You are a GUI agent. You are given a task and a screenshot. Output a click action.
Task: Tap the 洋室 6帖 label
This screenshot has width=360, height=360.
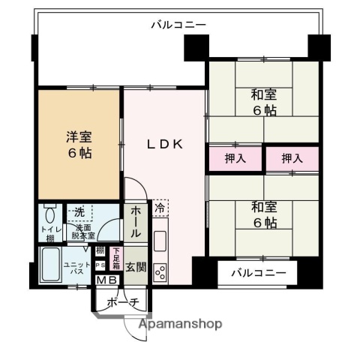coord(79,144)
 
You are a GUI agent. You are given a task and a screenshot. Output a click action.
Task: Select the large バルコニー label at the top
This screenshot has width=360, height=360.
coord(178,25)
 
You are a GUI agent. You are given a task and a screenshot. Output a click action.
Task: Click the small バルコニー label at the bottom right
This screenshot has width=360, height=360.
coord(258,272)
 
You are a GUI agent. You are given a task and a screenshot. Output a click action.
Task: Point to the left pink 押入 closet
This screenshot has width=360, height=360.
coord(233,158)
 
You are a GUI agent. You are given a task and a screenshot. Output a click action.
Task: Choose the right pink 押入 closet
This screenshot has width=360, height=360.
coord(292,158)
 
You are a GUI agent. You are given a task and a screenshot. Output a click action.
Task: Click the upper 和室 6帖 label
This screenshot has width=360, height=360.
coord(263,102)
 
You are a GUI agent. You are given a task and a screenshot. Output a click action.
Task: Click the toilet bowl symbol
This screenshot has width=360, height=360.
coord(49,214)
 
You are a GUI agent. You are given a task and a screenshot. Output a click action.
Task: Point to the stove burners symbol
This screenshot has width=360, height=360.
coord(160,271)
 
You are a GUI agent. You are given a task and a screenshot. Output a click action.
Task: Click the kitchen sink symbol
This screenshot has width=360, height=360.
coord(160,241)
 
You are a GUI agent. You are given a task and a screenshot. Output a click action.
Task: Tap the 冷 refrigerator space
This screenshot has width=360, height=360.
coord(160,207)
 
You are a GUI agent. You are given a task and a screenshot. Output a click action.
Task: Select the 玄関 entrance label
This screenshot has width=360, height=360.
coord(136,268)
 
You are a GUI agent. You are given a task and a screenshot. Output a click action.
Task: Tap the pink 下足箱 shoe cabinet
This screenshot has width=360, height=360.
coord(115,259)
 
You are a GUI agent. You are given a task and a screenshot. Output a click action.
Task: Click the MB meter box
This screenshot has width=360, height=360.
coord(105,281)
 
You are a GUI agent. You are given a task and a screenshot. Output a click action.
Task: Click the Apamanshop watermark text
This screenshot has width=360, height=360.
coord(180,324)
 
